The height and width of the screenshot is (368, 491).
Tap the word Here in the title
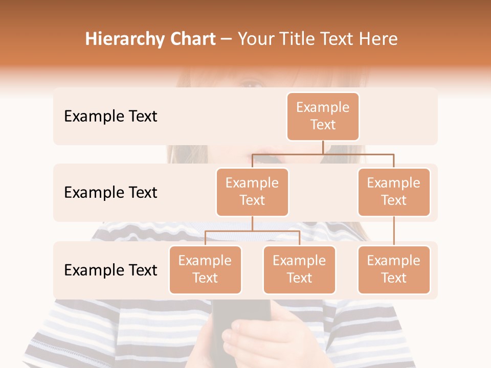pyautogui.click(x=378, y=39)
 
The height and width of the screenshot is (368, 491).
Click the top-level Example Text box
pyautogui.click(x=323, y=116)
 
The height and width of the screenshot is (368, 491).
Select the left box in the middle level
pyautogui.click(x=252, y=192)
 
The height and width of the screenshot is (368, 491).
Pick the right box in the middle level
pyautogui.click(x=393, y=192)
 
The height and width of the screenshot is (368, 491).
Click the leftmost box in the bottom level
pyautogui.click(x=205, y=269)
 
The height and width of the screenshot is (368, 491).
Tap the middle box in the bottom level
pyautogui.click(x=299, y=269)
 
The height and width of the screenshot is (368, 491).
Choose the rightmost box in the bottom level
pyautogui.click(x=393, y=269)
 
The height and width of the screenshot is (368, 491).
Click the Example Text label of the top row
pyautogui.click(x=110, y=116)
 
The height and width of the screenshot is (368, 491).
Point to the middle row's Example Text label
pyautogui.click(x=110, y=192)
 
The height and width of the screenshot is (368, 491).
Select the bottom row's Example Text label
pyautogui.click(x=110, y=270)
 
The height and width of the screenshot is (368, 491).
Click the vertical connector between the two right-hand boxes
pyautogui.click(x=394, y=231)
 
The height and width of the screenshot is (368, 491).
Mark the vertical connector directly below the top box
pyautogui.click(x=323, y=147)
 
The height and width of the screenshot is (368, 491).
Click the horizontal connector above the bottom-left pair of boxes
pyautogui.click(x=252, y=231)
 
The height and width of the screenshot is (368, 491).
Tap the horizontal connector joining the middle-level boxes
pyautogui.click(x=323, y=153)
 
